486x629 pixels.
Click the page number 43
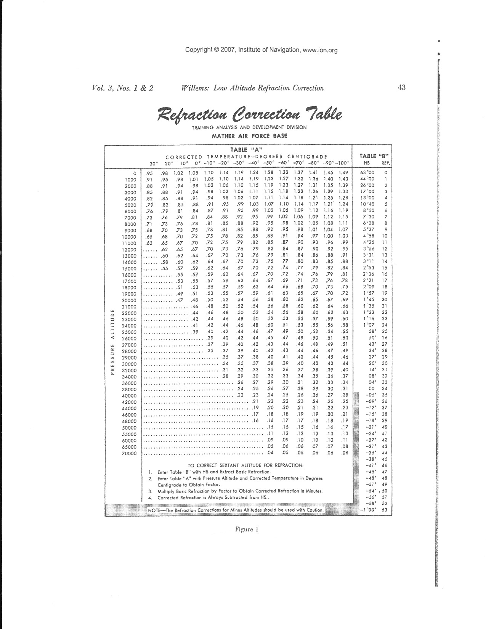(401, 88)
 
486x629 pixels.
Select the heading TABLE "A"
(247, 149)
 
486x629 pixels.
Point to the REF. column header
(385, 163)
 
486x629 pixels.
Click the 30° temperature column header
(152, 164)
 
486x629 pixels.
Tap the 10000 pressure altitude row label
(129, 237)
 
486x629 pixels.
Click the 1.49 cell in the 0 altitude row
(343, 172)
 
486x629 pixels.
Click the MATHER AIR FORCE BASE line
(249, 136)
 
